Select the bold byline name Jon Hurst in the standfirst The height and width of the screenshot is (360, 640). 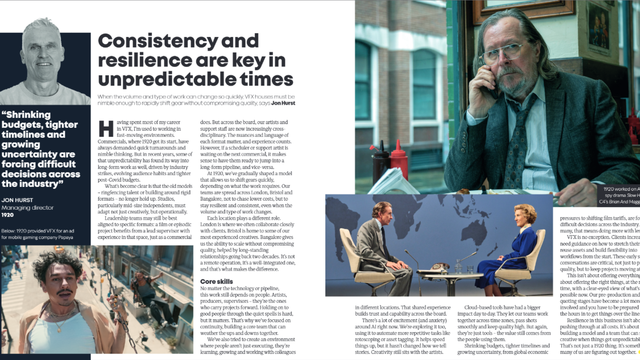coord(283,103)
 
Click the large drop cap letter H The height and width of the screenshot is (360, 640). coord(106,129)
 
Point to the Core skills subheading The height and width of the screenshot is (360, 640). coord(216,281)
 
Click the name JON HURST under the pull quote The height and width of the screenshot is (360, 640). coord(17,200)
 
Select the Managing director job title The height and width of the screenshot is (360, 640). coord(27,207)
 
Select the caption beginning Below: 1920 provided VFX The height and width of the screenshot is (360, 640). coord(37,234)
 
